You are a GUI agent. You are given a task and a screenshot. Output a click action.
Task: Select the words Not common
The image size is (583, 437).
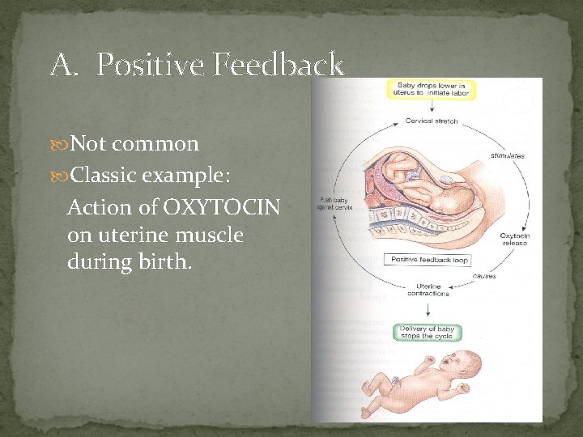click(134, 144)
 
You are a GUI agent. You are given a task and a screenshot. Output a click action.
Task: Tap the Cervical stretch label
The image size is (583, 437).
click(432, 121)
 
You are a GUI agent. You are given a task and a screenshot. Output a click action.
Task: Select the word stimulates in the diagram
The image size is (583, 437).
click(507, 155)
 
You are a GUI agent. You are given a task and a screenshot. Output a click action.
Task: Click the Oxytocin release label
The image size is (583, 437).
click(514, 240)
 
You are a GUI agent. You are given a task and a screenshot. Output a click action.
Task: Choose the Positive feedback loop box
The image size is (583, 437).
click(430, 260)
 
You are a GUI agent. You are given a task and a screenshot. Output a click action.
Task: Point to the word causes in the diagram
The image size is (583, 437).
click(484, 276)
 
